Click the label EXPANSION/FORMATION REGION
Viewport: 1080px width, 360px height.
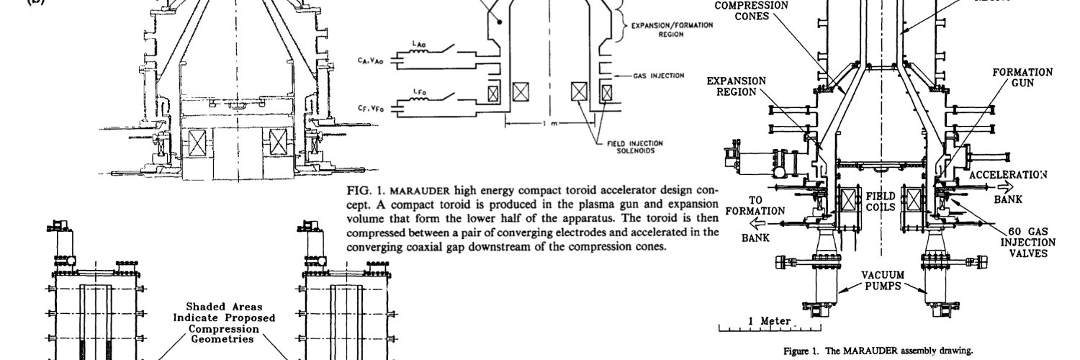pyautogui.click(x=672, y=28)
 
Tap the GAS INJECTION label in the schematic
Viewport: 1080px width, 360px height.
pyautogui.click(x=658, y=75)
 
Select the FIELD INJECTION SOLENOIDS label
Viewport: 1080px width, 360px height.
pyautogui.click(x=634, y=146)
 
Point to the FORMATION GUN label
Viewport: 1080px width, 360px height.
pyautogui.click(x=1022, y=78)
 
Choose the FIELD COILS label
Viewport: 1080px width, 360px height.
pyautogui.click(x=881, y=201)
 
